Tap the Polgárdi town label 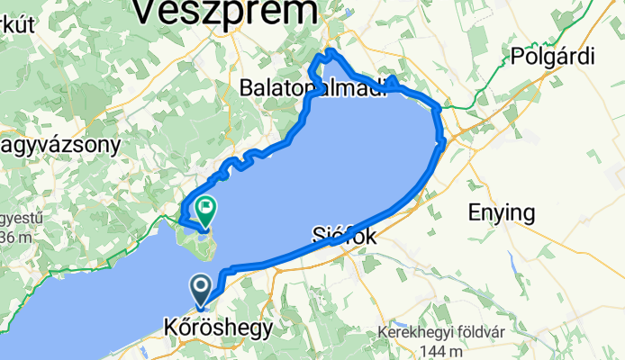(x=553, y=55)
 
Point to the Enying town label (x=502, y=213)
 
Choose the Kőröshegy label (x=217, y=328)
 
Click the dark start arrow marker (x=201, y=290)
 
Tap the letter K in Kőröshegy (x=169, y=328)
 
